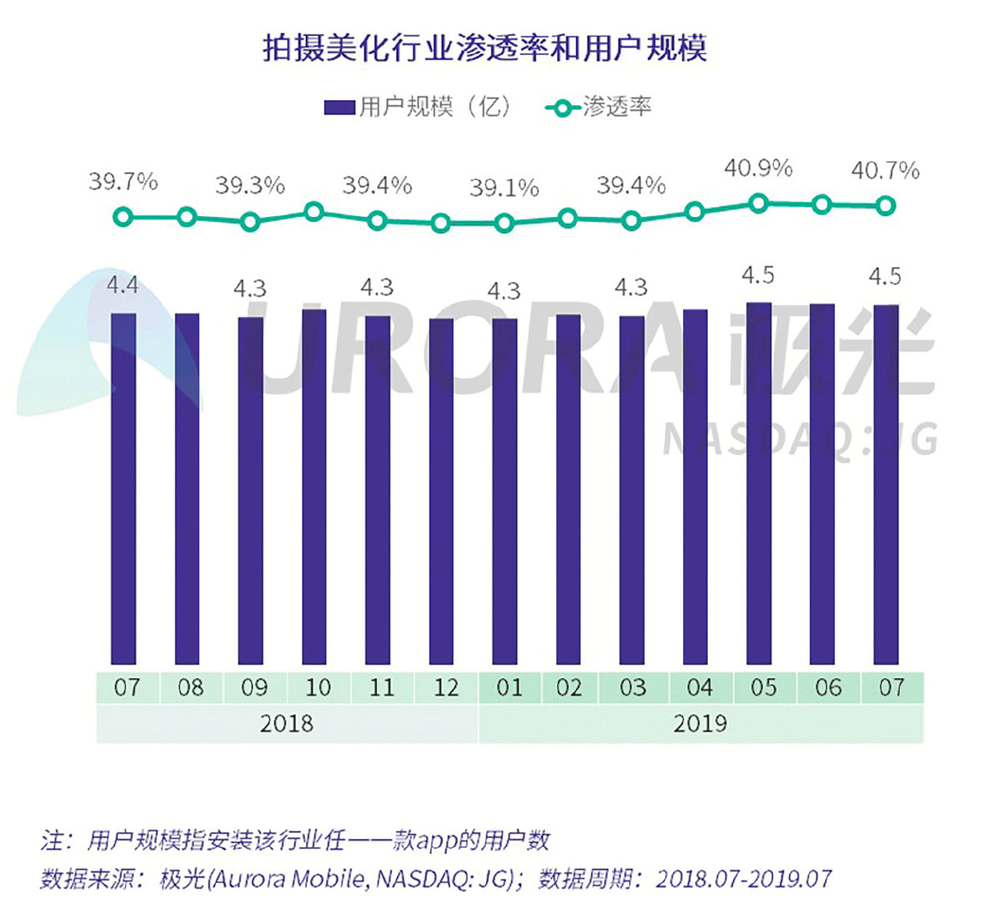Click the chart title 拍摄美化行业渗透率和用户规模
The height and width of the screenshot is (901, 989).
[x=484, y=48]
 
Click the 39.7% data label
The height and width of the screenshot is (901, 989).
[x=123, y=181]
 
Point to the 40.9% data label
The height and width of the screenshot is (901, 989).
[x=757, y=169]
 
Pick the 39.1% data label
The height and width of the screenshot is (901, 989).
[x=504, y=188]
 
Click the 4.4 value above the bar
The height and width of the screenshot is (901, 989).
[x=123, y=286]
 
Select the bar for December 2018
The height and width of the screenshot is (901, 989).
[x=441, y=492]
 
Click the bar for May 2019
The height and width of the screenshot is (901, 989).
[x=758, y=484]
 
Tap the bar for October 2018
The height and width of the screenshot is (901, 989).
[x=314, y=488]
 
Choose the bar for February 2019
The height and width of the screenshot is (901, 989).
[x=568, y=491]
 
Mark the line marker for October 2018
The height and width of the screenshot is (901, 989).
[x=314, y=212]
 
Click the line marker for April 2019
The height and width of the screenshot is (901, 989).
[x=695, y=212]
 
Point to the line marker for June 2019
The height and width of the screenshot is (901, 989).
[x=821, y=204]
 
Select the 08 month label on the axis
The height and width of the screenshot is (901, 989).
[x=190, y=687]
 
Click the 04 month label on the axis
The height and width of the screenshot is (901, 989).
[x=698, y=687]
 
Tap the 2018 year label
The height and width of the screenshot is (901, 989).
[x=286, y=722]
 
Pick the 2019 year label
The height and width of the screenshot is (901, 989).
[x=700, y=722]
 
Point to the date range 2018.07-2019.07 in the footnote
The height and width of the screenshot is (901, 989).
[x=743, y=878]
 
